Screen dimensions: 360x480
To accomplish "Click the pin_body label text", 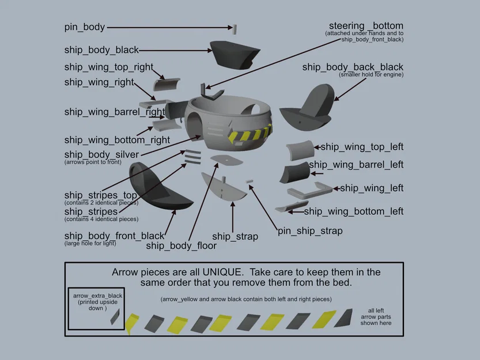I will tap(84, 27).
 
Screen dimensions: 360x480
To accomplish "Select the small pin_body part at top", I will tap(234, 28).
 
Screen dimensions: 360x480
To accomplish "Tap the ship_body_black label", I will tap(101, 50).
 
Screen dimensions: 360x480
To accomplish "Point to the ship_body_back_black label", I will tap(353, 67).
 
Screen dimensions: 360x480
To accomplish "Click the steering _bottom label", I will tap(366, 26).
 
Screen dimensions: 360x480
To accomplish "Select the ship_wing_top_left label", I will tap(362, 147).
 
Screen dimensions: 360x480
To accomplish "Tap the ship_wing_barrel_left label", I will tap(356, 165).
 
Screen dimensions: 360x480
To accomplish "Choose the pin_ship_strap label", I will tap(310, 231).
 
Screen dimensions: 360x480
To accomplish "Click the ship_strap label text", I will tap(235, 236).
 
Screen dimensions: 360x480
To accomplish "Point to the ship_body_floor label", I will tap(181, 246).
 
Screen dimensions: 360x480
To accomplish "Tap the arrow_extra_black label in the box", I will tap(97, 296).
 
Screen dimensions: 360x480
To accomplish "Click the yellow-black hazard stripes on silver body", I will tap(250, 135).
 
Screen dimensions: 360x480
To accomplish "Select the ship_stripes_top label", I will tap(100, 196).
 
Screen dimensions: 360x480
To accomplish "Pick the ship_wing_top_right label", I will tap(109, 67).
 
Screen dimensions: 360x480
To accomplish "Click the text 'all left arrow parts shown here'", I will tap(376, 316).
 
